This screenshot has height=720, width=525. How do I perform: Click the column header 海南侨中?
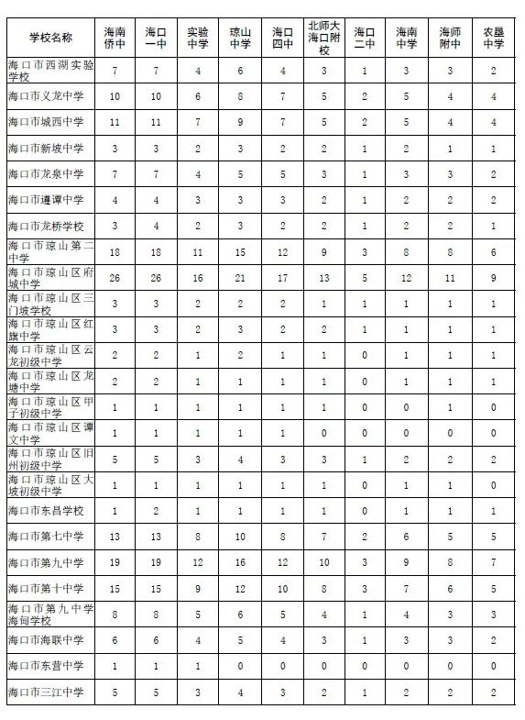pos(115,37)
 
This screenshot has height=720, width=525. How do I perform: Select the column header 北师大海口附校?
pos(323,37)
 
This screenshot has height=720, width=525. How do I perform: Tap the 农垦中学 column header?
pos(493,37)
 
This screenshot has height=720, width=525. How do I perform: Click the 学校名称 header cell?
pos(50,37)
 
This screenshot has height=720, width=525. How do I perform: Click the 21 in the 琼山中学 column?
pos(240,278)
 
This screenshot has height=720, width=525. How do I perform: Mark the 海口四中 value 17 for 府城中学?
pos(282,278)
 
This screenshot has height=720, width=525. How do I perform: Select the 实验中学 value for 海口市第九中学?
pos(198,562)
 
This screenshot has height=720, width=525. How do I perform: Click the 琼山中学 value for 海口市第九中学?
pos(240,562)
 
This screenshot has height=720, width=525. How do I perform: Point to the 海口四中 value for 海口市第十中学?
pos(282,588)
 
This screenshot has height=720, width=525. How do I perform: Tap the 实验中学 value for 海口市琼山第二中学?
pos(198,251)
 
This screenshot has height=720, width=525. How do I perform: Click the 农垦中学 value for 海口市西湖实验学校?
pos(493,71)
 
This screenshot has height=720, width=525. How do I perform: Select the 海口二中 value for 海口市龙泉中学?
pos(365,174)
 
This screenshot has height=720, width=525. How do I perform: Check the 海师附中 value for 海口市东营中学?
pos(450,666)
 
